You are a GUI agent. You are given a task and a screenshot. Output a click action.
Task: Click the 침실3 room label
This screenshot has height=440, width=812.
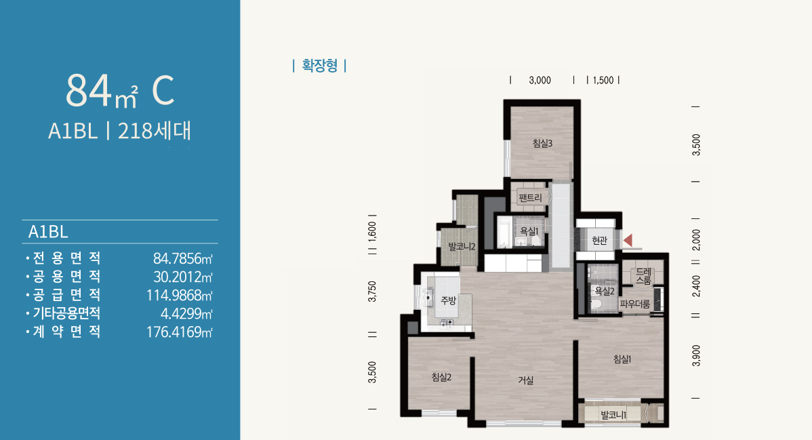542,143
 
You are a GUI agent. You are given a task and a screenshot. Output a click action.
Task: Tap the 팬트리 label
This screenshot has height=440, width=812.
530,197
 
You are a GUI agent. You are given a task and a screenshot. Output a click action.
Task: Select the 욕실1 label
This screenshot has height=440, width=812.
529,231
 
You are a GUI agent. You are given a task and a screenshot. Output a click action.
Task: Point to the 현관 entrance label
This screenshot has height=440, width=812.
599,241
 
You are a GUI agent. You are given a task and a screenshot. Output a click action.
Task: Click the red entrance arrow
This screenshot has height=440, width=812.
628,241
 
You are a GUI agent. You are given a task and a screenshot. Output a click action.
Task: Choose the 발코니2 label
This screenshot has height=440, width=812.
462,247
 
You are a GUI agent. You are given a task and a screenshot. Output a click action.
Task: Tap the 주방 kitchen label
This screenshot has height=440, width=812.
449,300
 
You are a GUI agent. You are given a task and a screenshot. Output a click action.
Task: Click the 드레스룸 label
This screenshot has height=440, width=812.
644,276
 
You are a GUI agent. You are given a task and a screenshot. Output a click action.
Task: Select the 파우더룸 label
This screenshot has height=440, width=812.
635,304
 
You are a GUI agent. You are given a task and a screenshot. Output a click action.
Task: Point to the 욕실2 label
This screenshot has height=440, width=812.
605,292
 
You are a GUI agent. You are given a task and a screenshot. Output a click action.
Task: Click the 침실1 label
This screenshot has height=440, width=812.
622,359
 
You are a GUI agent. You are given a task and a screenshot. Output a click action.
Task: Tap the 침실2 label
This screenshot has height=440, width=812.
441,378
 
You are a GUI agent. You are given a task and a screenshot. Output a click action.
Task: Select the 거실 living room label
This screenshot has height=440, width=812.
525,380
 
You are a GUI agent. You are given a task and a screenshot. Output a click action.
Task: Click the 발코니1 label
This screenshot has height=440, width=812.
613,415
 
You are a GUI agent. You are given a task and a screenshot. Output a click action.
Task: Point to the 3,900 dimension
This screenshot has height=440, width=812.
696,356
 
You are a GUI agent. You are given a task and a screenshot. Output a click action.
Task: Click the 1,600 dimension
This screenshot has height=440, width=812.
372,232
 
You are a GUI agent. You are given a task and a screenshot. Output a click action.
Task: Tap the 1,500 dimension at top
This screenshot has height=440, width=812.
603,80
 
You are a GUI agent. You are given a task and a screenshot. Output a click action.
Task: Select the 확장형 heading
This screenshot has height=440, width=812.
319,66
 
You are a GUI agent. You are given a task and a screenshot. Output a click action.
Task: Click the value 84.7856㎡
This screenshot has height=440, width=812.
183,258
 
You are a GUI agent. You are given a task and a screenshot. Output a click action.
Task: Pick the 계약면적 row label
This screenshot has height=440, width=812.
67,332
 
